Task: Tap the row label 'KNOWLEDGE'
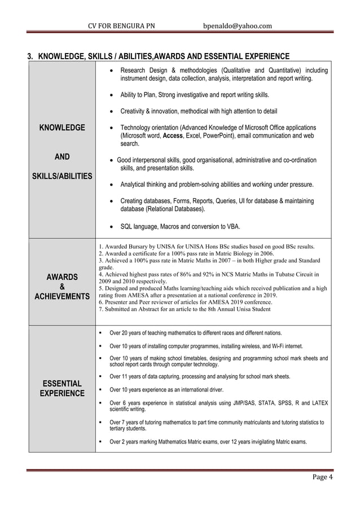pos(62,128)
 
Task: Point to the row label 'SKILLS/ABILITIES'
pos(62,176)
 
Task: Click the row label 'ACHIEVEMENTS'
pos(62,296)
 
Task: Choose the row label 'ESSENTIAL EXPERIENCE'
pos(62,388)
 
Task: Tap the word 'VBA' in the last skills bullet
pos(231,227)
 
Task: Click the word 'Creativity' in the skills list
pos(138,111)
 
